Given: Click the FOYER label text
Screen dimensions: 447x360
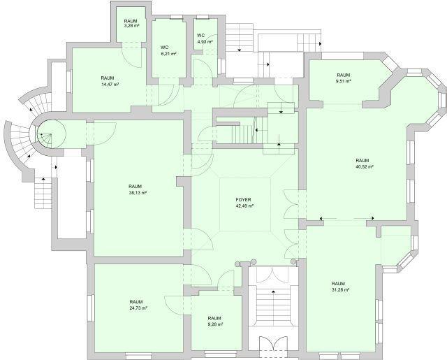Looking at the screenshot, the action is coord(243,200).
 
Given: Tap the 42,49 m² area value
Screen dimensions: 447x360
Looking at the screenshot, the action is coord(244,206).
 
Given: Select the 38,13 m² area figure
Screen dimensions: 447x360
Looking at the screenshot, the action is coord(138,193).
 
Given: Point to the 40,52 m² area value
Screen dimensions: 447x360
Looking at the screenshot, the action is coord(365,167).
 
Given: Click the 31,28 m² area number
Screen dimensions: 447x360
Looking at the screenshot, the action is coord(341,290).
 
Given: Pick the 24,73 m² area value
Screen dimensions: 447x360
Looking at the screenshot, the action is coord(138,308).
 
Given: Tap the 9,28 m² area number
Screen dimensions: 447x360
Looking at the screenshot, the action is coord(215,324).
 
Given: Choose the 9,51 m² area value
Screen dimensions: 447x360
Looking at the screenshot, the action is coord(343,81).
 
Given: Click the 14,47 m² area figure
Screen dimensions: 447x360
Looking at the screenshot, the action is coord(110,85).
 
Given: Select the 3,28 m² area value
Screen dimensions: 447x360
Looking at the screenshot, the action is coord(131,26).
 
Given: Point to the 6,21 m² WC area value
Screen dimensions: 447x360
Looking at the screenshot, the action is coord(168,54).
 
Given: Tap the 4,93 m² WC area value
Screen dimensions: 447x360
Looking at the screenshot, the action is coord(205,42).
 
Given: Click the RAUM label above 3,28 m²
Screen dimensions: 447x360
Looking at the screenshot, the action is coord(131,21).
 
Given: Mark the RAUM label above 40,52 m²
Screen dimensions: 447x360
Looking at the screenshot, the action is coord(362,160).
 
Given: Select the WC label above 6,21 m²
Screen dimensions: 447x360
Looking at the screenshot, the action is coord(165,48).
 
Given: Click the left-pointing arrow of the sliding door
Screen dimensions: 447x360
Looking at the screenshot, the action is coord(321,219).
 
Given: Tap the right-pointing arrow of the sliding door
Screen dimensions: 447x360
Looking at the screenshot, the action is coord(372,218).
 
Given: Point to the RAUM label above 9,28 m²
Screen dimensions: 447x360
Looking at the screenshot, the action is coord(214,318).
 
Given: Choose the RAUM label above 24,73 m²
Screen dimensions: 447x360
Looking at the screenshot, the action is coord(136,302).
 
